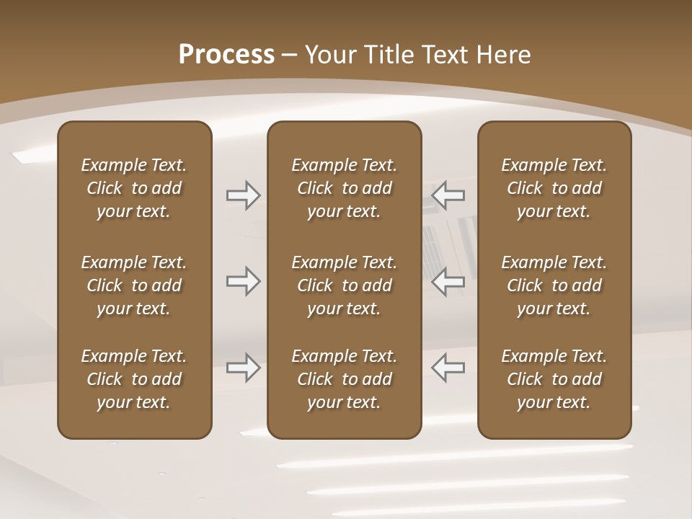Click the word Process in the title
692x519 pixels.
[226, 54]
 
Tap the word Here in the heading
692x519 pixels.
[502, 54]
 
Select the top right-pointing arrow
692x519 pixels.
[243, 195]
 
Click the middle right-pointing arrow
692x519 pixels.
[243, 281]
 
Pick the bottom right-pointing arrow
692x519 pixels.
[243, 368]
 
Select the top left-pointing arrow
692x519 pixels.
[448, 195]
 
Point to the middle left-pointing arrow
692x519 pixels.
[448, 281]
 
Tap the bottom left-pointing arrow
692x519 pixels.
[448, 368]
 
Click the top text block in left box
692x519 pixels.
[134, 188]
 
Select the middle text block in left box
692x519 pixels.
[134, 285]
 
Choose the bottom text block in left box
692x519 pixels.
[134, 379]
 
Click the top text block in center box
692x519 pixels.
[344, 188]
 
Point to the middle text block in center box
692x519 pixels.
[344, 285]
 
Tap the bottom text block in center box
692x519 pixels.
[344, 379]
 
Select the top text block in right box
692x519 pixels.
[554, 188]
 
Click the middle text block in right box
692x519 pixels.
[554, 285]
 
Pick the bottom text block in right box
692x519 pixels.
[554, 379]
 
